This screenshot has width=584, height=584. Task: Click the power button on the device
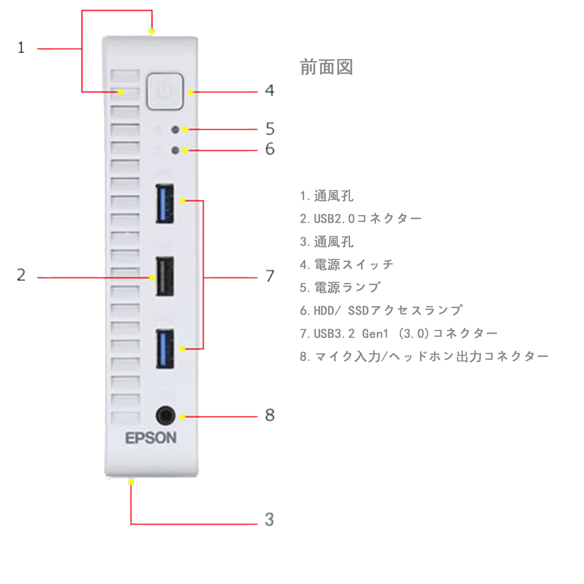[x=165, y=91]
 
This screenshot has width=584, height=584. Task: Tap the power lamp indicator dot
[x=175, y=130]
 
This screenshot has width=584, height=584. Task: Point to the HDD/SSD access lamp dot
[x=175, y=150]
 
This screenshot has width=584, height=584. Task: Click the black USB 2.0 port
[x=165, y=276]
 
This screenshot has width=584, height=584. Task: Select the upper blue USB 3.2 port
[x=165, y=204]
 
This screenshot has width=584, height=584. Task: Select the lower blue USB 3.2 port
[x=165, y=349]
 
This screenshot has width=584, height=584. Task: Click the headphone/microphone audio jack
[x=165, y=415]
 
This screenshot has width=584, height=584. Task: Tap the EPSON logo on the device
[x=151, y=438]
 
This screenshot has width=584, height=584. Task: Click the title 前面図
[x=326, y=67]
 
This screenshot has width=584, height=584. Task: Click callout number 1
[x=21, y=48]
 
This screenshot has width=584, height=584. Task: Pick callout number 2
[x=21, y=275]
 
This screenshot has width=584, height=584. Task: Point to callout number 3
[x=269, y=519]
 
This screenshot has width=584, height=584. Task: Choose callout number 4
[x=269, y=90]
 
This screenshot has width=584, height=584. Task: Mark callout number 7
[x=270, y=276]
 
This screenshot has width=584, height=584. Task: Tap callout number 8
[x=270, y=415]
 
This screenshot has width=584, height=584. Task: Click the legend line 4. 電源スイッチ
[x=347, y=265]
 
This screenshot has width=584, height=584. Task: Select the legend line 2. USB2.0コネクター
[x=361, y=219]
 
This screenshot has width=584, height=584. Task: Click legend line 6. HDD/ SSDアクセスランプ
[x=381, y=311]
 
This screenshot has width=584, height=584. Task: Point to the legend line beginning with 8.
[x=424, y=356]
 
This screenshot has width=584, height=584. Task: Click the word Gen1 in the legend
[x=375, y=334]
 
